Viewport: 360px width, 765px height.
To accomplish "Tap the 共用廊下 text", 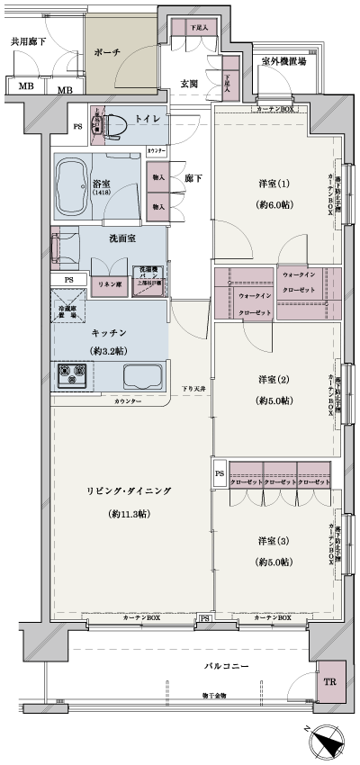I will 28,41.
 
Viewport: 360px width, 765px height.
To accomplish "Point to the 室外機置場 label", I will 283,62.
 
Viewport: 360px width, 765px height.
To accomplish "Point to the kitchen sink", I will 140,377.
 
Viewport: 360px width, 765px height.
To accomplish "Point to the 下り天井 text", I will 193,388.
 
